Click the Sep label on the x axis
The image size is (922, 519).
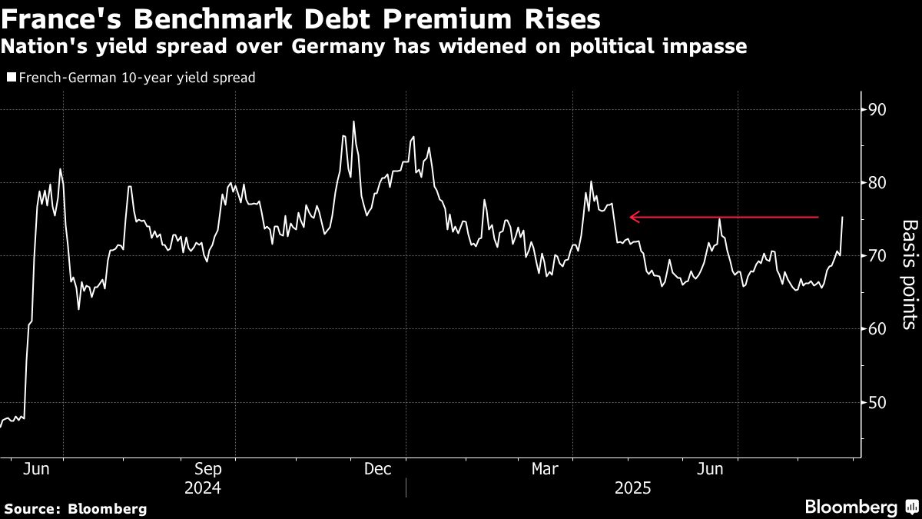point(208,469)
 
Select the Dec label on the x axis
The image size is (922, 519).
point(379,469)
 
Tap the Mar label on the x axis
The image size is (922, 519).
point(546,469)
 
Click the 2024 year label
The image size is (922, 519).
point(203,488)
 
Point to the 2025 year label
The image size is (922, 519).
point(632,488)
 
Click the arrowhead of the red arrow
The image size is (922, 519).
point(632,218)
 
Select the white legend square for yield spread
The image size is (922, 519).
point(10,78)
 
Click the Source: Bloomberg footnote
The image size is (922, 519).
point(75,508)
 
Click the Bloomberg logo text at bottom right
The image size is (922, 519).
point(851,507)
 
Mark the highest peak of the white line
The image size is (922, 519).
point(353,121)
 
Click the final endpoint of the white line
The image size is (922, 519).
point(843,218)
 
